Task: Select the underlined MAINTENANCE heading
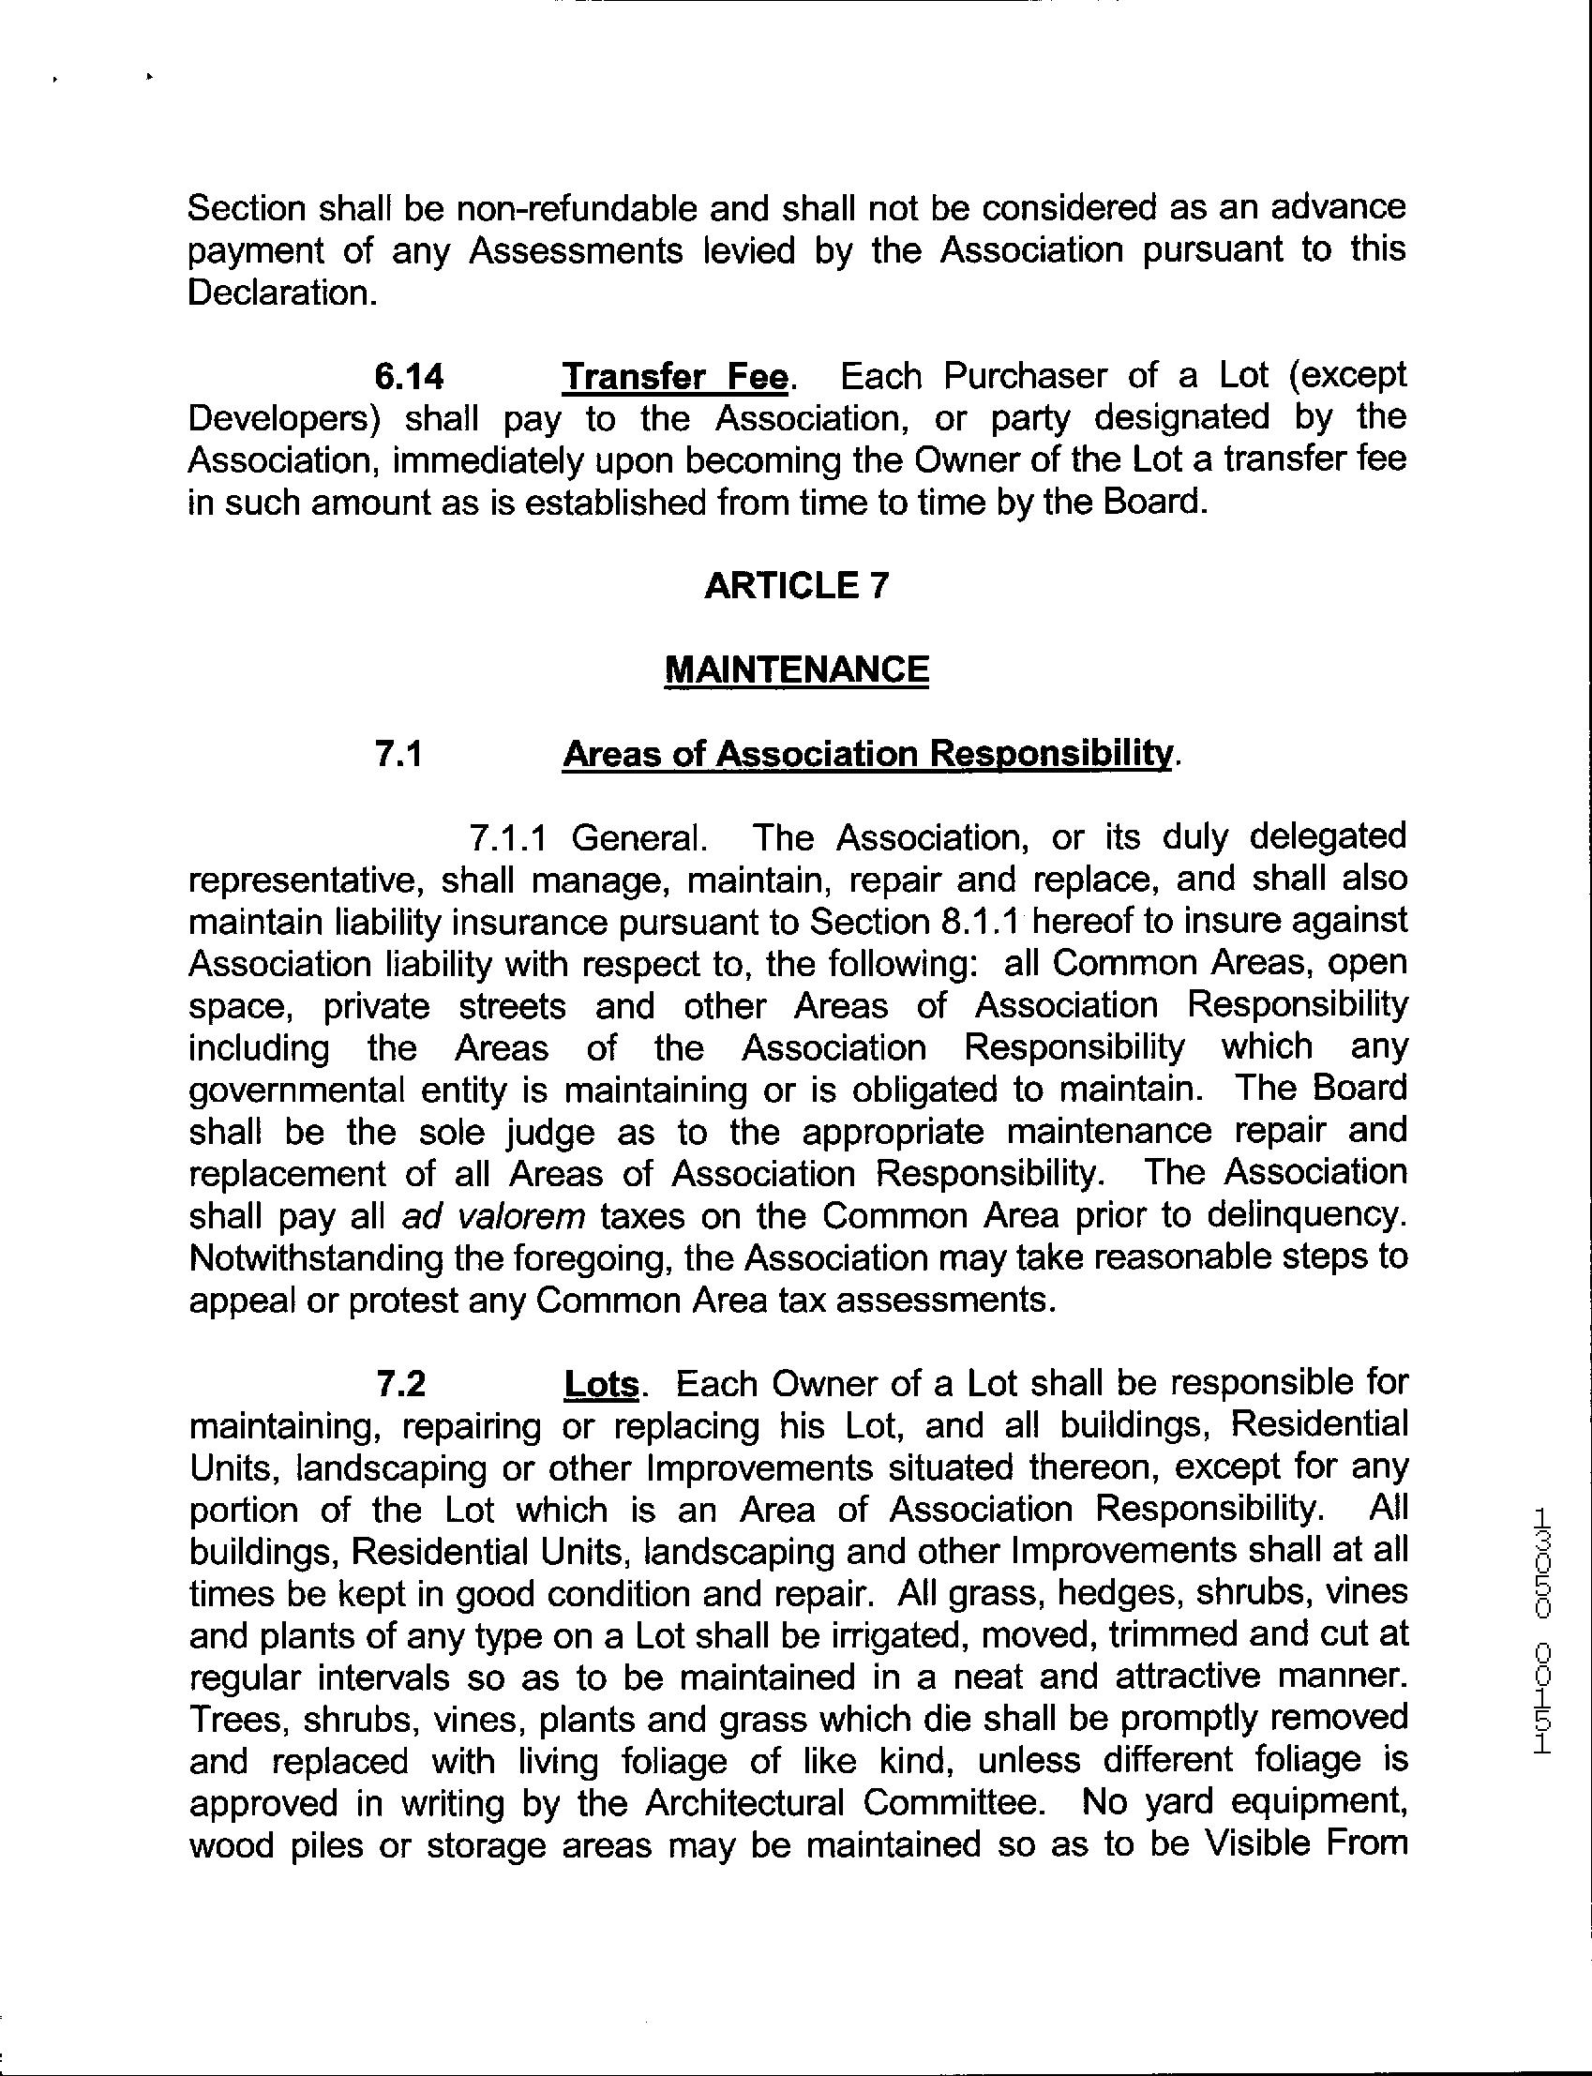(x=796, y=669)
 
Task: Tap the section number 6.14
(x=410, y=377)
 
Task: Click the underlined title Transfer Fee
(x=675, y=377)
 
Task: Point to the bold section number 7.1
(x=398, y=753)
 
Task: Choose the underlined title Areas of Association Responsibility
(x=866, y=753)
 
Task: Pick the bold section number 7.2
(x=400, y=1384)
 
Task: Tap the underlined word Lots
(x=602, y=1384)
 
